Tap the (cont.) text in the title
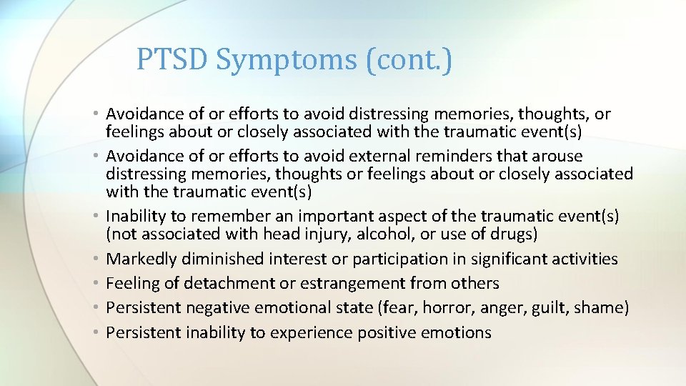[x=409, y=61]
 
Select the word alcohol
[x=427, y=234]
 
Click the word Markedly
[x=141, y=259]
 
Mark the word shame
[x=604, y=307]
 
